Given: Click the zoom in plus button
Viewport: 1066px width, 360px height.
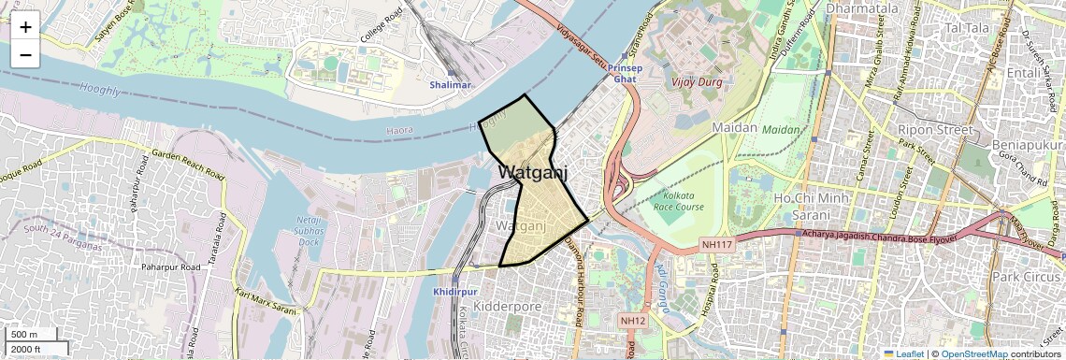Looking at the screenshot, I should tap(25, 26).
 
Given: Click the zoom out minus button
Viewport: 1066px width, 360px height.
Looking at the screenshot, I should tap(25, 54).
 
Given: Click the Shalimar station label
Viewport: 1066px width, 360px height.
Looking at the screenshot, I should tap(451, 84).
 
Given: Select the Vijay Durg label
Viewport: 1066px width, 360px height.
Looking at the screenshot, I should tap(695, 80).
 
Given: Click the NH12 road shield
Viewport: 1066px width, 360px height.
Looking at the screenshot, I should tap(633, 321).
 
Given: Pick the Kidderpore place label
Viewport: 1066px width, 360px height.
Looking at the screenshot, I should tap(509, 306).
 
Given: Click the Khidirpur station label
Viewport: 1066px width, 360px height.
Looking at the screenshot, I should tap(455, 293).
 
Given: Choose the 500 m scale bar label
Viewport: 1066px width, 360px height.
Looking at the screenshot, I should tap(25, 335).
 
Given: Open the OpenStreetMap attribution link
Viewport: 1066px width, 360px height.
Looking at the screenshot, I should tap(974, 354).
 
